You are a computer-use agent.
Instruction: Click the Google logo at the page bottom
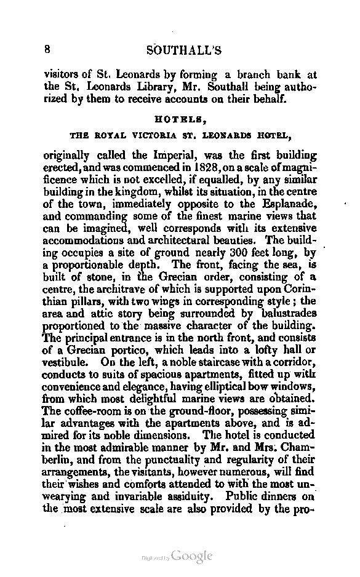click(191, 557)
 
